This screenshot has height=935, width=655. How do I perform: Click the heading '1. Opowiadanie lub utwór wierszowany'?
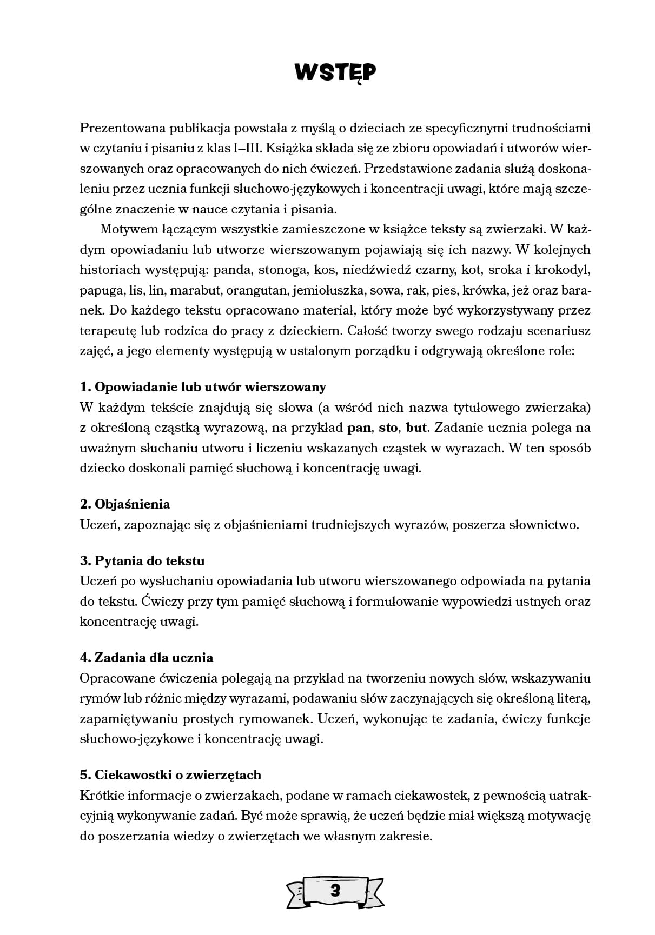[x=203, y=387]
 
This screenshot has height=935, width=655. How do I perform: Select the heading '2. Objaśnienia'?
[x=125, y=504]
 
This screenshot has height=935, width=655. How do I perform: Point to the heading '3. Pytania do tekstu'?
[x=142, y=561]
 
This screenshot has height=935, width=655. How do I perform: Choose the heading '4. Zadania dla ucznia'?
[x=147, y=658]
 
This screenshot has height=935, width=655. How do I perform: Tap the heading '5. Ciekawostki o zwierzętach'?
[x=170, y=775]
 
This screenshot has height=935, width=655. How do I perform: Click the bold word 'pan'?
[x=359, y=428]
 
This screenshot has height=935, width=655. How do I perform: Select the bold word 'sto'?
[x=388, y=428]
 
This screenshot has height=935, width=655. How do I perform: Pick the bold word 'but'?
[x=416, y=428]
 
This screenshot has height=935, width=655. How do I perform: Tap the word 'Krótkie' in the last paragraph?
[x=100, y=796]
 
